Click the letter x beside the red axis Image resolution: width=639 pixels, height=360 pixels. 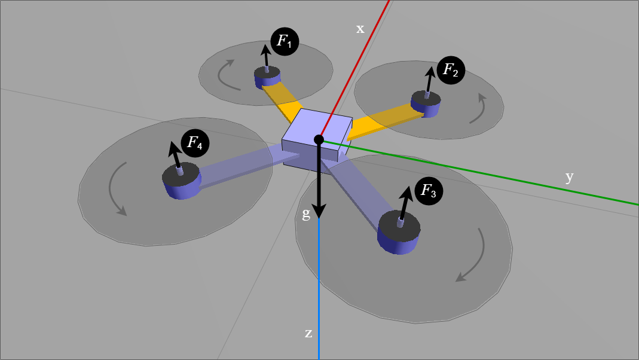tap(360, 29)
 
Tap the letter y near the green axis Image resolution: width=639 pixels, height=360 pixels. tap(569, 176)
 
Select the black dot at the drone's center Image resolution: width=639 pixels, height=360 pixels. tap(319, 140)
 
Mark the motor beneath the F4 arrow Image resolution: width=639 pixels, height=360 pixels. tap(181, 180)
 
